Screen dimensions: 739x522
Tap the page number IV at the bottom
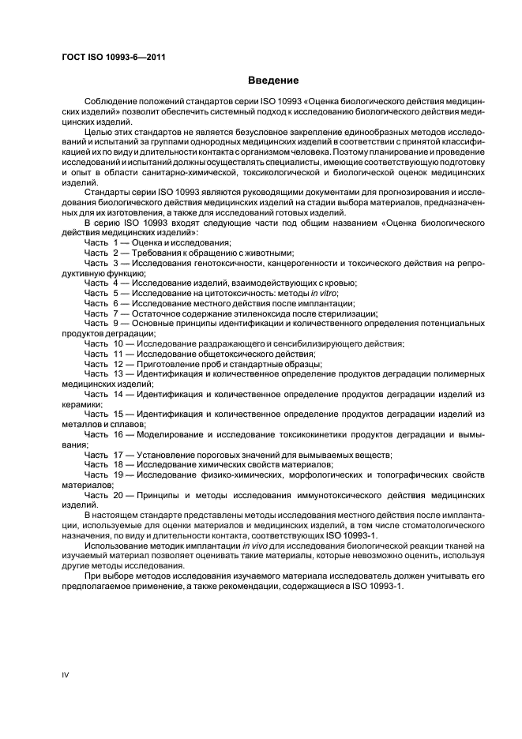click(x=66, y=675)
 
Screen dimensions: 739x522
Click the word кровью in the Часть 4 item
click(x=339, y=282)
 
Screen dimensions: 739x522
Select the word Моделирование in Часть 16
click(x=174, y=434)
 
